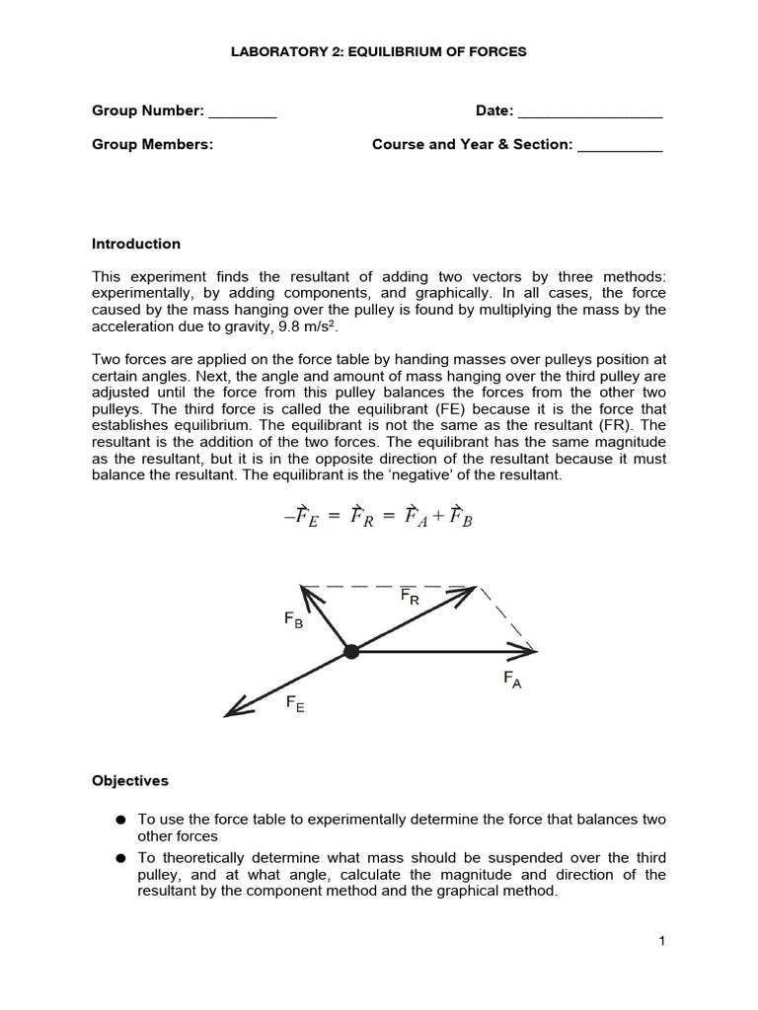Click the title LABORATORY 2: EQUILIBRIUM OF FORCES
pyautogui.click(x=379, y=52)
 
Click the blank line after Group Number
pyautogui.click(x=243, y=111)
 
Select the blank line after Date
pyautogui.click(x=589, y=111)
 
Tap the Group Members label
pyautogui.click(x=152, y=145)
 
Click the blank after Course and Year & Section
pyautogui.click(x=620, y=145)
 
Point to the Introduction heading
pyautogui.click(x=136, y=244)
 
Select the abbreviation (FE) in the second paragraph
pyautogui.click(x=423, y=409)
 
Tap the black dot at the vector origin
pyautogui.click(x=350, y=651)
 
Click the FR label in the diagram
pyautogui.click(x=412, y=597)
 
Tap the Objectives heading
pyautogui.click(x=130, y=780)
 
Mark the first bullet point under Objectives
pyautogui.click(x=120, y=820)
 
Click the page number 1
pyautogui.click(x=662, y=941)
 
